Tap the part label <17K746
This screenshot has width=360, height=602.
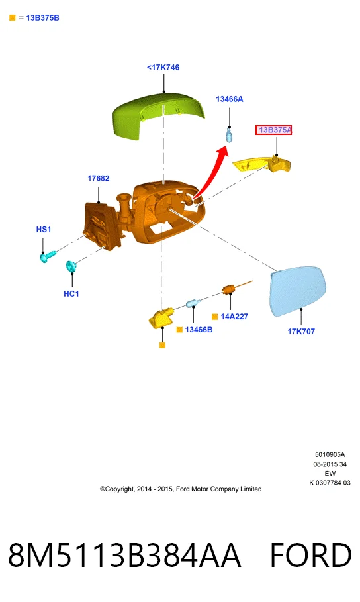pos(163,67)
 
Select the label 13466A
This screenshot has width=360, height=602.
pos(230,99)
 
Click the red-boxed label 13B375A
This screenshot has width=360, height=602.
pos(274,130)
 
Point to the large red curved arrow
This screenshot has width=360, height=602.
pos(212,172)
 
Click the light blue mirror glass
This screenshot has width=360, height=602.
pos(298,291)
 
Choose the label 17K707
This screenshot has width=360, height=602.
pos(301,332)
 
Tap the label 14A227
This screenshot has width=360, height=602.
pos(234,317)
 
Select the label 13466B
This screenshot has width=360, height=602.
pos(199,330)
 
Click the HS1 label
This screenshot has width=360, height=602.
pos(44,230)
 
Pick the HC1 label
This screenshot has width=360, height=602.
pos(71,293)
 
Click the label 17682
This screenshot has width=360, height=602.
pos(98,178)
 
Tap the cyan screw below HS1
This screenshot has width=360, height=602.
pos(48,256)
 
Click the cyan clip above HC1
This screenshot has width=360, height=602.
pos(71,266)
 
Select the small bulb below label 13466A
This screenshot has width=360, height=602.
pos(229,136)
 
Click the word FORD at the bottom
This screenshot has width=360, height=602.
pos(310,555)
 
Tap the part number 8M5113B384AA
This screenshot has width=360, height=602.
pos(124,555)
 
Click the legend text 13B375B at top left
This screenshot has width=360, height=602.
pos(42,18)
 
